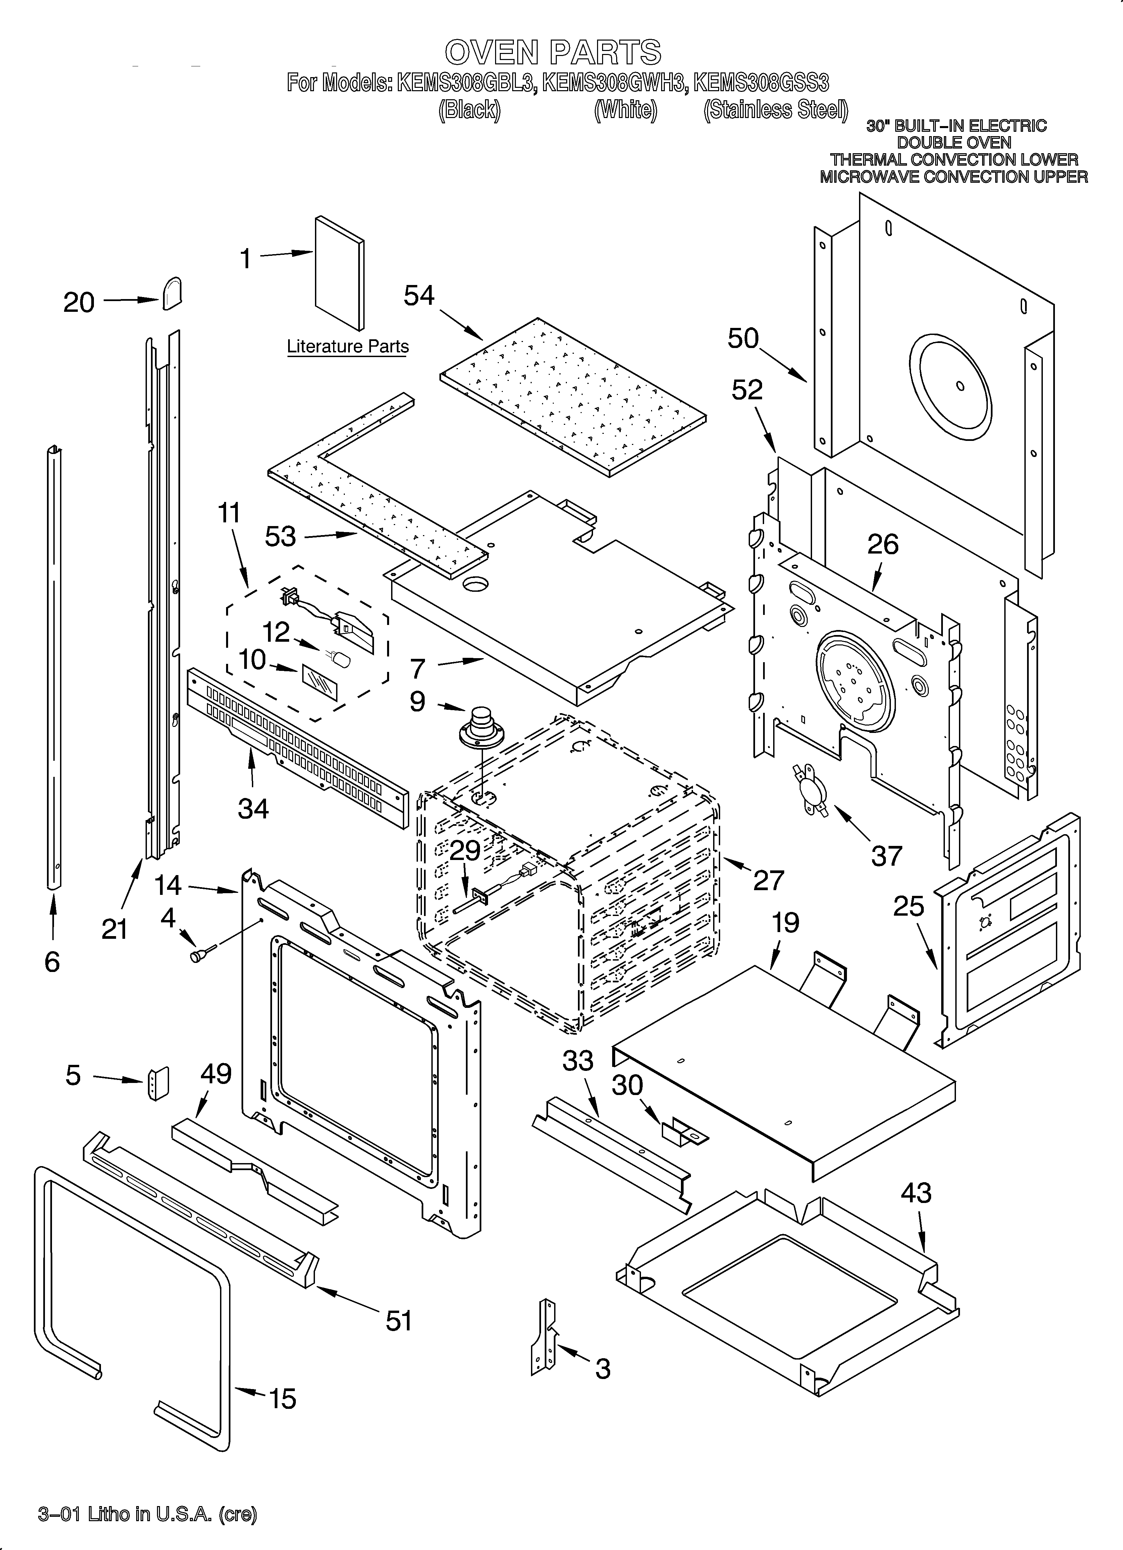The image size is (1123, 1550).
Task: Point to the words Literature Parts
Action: click(x=347, y=346)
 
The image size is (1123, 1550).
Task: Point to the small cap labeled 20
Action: click(x=172, y=294)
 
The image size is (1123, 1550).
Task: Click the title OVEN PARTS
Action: click(x=552, y=52)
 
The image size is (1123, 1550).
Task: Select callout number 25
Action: click(x=908, y=907)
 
